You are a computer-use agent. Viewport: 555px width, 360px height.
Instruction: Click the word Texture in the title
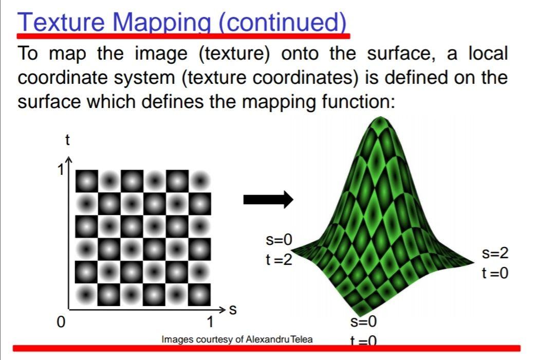pos(61,22)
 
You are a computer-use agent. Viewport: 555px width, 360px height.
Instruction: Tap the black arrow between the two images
pos(267,200)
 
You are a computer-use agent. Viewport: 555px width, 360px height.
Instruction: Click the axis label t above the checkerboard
pos(67,139)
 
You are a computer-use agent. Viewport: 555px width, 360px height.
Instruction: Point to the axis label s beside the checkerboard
pos(233,310)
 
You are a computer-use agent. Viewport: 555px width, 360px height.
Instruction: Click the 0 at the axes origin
pos(61,323)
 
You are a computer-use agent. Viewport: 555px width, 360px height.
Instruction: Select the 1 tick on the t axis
pos(61,169)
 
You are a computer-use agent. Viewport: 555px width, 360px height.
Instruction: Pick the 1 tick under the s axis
pos(210,323)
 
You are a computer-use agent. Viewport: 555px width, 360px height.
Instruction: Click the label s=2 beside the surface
pos(495,254)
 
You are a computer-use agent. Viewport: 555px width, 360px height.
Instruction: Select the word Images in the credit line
pos(177,339)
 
